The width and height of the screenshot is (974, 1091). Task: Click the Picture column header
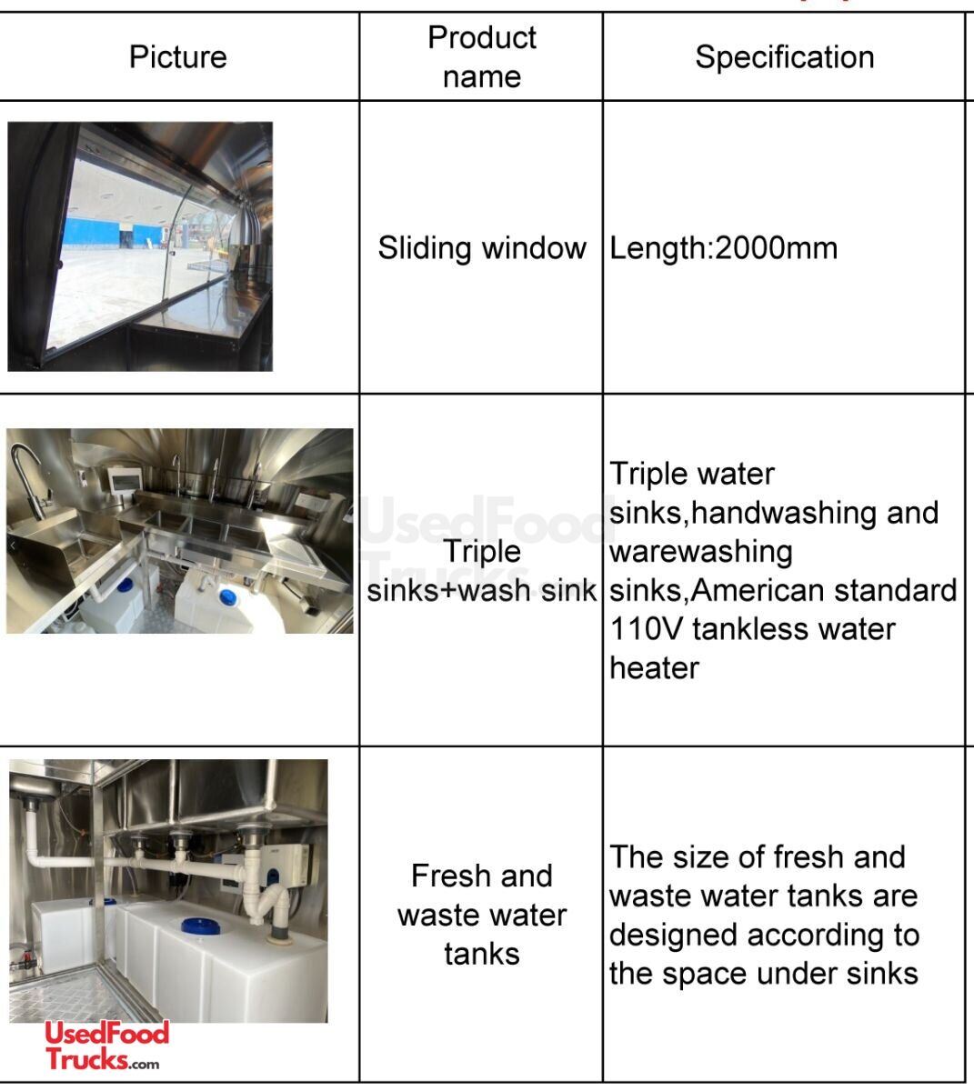pos(177,57)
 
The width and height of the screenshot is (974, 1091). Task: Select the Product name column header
pos(482,57)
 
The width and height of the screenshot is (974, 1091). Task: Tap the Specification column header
pos(784,57)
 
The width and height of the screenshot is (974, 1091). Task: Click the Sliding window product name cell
pos(482,248)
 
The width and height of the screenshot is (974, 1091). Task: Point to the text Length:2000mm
pos(724,248)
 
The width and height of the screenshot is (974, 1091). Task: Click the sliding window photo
pos(140,246)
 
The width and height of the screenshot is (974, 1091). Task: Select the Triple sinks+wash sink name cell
pos(482,571)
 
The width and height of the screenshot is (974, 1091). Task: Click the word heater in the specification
pos(654,668)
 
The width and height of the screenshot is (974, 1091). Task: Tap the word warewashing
pos(701,552)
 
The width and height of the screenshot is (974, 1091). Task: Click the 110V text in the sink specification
pos(647,629)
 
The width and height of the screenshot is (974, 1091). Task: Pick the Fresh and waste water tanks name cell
pos(482,915)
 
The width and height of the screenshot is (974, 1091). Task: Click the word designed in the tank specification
pos(673,936)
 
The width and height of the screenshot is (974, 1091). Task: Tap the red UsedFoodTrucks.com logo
pos(106,1046)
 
